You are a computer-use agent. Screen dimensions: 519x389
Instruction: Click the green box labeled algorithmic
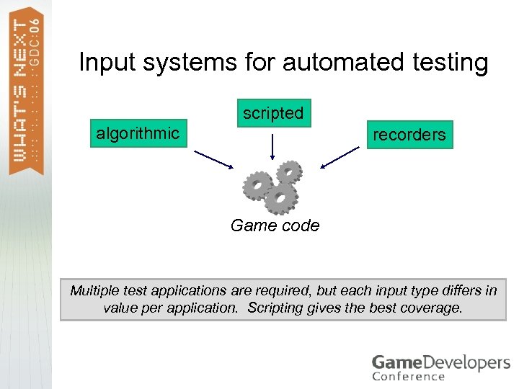click(138, 133)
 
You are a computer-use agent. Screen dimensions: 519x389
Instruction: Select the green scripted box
click(273, 113)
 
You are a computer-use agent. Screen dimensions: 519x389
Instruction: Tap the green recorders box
click(409, 134)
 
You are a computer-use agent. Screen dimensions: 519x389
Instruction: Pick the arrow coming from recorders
click(340, 156)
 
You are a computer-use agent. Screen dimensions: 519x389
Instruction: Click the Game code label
click(275, 225)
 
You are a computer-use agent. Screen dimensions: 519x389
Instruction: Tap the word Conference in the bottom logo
click(408, 376)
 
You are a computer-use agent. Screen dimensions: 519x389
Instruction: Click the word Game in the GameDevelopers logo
click(394, 362)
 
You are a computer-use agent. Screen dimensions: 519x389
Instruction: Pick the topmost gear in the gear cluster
click(290, 172)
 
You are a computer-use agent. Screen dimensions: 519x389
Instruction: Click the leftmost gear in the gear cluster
click(257, 186)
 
